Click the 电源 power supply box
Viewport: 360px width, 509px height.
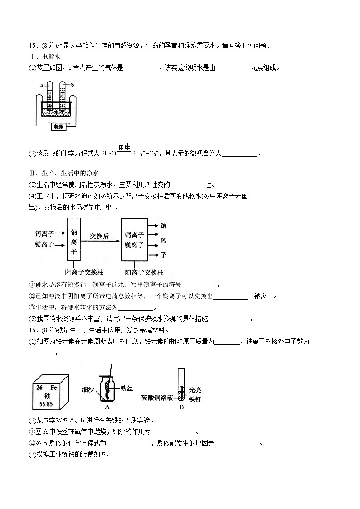[x=58, y=127]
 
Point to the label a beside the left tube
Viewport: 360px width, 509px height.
[x=41, y=85]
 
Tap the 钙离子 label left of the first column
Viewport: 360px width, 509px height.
[x=44, y=234]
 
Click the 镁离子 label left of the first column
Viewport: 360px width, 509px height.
[x=44, y=245]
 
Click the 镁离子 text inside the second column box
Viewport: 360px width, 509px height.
[x=134, y=245]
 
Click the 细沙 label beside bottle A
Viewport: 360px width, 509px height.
[x=88, y=389]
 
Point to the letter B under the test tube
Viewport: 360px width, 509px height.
[x=181, y=407]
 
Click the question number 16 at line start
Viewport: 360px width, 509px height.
[x=32, y=330]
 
